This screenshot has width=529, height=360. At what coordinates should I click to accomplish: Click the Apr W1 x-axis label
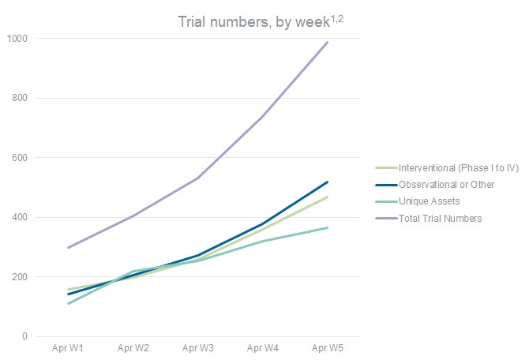[68, 348]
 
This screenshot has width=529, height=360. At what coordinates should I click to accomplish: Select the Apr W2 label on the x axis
[133, 348]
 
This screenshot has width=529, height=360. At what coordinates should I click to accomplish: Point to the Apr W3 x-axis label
[197, 348]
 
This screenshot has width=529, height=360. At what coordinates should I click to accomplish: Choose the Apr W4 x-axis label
[262, 348]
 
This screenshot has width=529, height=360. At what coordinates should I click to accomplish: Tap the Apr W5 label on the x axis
[327, 348]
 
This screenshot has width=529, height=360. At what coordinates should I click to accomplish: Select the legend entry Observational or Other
[447, 185]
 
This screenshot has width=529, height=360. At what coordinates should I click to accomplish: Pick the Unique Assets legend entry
[429, 201]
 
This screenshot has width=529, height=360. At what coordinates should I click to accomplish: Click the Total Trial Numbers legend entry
[439, 218]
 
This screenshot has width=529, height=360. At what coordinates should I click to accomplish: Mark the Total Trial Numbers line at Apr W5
[327, 43]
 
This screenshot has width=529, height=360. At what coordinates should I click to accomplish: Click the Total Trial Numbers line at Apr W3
[197, 178]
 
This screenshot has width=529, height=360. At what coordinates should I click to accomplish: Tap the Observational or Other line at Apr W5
[327, 182]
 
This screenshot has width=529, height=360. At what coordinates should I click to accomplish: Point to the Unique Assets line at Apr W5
[327, 228]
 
